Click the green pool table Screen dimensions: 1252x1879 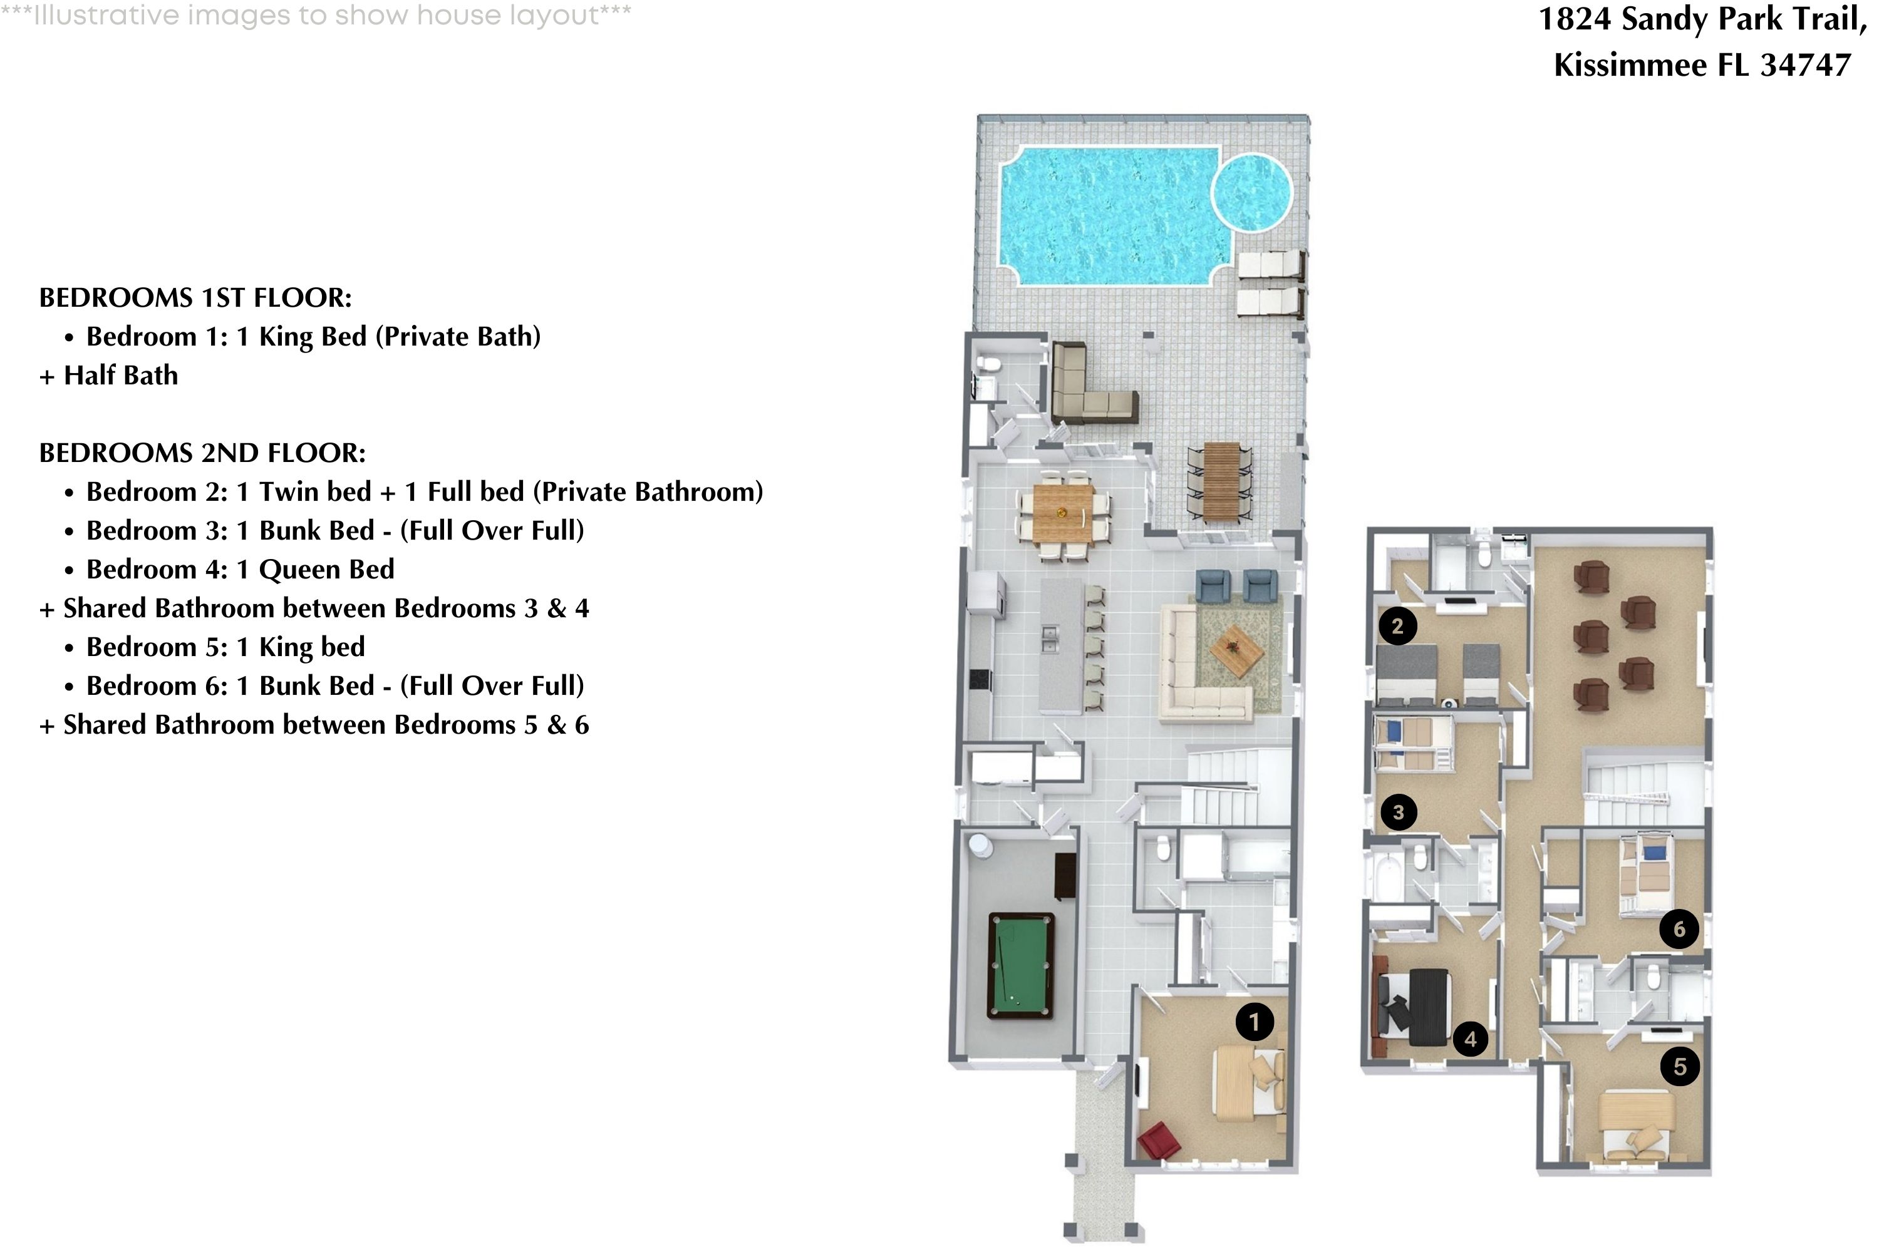click(x=1020, y=966)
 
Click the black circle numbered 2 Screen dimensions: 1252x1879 click(x=1397, y=625)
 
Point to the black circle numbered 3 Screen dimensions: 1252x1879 click(x=1398, y=812)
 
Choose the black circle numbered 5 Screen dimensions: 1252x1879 click(x=1679, y=1066)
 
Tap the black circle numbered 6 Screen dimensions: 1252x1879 click(x=1679, y=928)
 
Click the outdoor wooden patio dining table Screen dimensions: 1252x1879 click(x=1221, y=481)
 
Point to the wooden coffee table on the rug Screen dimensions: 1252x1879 click(x=1236, y=649)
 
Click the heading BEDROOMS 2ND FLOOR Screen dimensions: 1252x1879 click(x=202, y=453)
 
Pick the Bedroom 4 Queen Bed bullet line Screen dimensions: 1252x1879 click(x=240, y=569)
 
